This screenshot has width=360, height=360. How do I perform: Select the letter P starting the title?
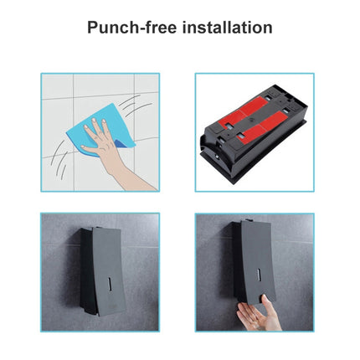[x=94, y=27]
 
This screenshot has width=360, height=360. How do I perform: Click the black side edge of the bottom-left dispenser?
[x=85, y=276]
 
